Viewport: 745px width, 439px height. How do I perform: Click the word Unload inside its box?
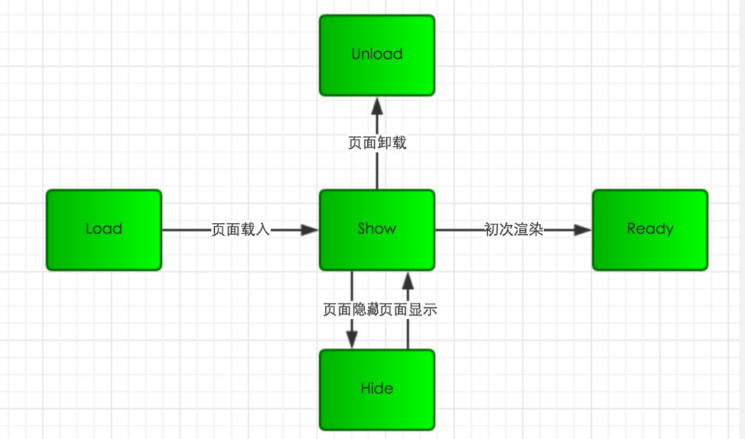(x=377, y=55)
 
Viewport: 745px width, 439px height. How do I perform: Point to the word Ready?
(x=650, y=229)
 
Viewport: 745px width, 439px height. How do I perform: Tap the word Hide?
(x=377, y=389)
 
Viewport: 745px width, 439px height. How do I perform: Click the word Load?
(x=104, y=229)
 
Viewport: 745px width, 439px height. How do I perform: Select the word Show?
(x=377, y=229)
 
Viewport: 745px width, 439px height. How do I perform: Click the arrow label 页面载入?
(x=241, y=230)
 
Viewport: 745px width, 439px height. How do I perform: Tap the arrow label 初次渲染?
(x=513, y=230)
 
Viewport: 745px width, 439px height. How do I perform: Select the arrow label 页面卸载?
(x=377, y=143)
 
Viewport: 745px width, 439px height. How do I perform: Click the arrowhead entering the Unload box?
(x=377, y=105)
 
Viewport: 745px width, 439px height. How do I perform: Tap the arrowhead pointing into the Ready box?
(x=582, y=230)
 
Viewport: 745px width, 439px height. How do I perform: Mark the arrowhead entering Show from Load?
(x=310, y=230)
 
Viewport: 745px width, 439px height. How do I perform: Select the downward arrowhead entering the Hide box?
(x=352, y=340)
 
